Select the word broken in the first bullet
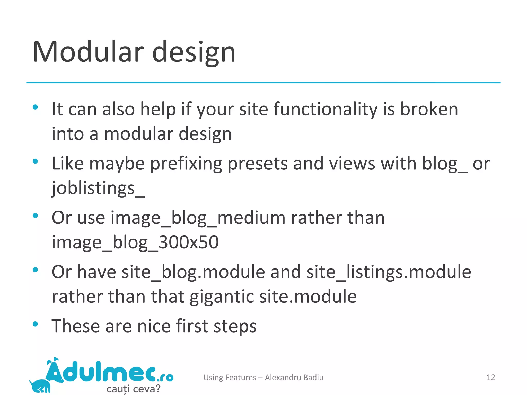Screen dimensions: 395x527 click(429, 109)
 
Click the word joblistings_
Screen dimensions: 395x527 click(98, 188)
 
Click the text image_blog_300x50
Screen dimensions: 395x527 click(135, 243)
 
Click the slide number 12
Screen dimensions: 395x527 click(491, 377)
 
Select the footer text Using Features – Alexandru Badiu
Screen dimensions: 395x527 click(263, 377)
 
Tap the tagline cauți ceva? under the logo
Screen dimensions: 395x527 click(133, 389)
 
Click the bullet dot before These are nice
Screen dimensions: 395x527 click(35, 324)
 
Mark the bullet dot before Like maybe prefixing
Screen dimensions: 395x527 click(35, 161)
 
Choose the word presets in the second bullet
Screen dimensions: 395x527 click(258, 164)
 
